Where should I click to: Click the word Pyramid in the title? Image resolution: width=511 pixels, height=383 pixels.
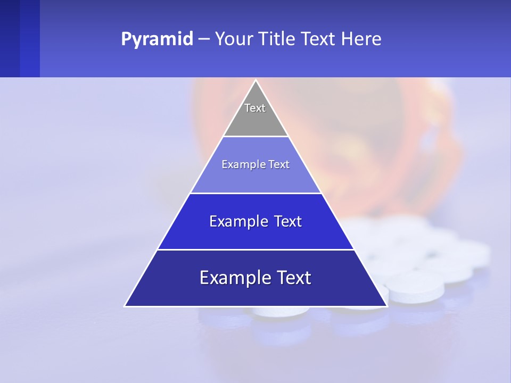click(156, 39)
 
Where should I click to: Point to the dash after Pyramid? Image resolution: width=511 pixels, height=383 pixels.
click(203, 39)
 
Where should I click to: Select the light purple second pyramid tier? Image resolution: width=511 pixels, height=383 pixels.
click(256, 178)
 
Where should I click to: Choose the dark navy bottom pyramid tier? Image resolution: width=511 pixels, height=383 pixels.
click(256, 293)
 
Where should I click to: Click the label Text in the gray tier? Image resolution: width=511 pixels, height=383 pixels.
click(255, 108)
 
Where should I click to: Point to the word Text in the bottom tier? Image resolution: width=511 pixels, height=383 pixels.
click(293, 278)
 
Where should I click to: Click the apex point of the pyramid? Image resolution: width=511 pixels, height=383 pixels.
click(256, 81)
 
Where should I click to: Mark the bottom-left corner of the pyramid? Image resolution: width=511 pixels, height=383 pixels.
click(126, 306)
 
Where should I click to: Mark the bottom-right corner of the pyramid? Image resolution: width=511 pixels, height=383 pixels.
click(386, 306)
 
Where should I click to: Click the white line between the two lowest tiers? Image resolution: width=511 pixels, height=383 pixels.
click(256, 249)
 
